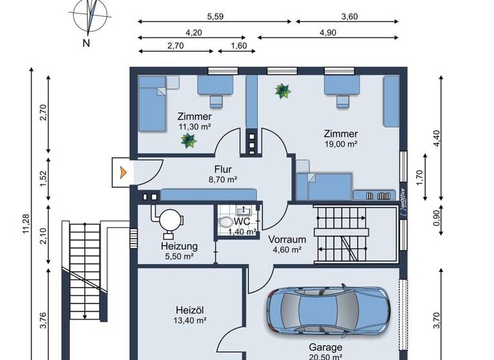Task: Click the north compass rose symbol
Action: [x=92, y=17]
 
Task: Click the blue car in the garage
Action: [x=329, y=311]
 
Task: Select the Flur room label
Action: [x=224, y=170]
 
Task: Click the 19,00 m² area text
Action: [x=341, y=144]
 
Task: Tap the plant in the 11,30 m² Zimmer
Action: [x=188, y=140]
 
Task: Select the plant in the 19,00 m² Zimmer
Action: [x=282, y=91]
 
